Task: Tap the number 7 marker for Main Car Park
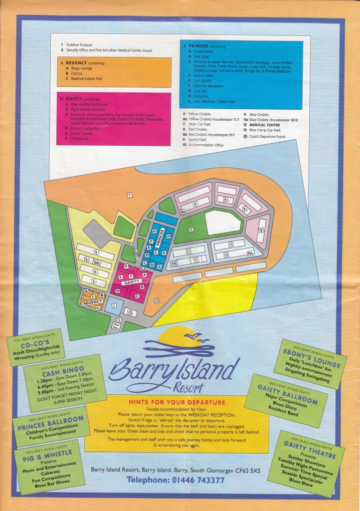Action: click(x=129, y=195)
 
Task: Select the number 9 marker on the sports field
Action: click(x=190, y=229)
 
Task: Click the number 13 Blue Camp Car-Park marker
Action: click(x=156, y=300)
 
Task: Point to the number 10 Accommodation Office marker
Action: click(x=174, y=262)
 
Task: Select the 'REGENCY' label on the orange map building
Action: click(x=92, y=302)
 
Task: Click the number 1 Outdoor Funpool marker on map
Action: click(x=114, y=305)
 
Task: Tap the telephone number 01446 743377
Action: click(x=175, y=480)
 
